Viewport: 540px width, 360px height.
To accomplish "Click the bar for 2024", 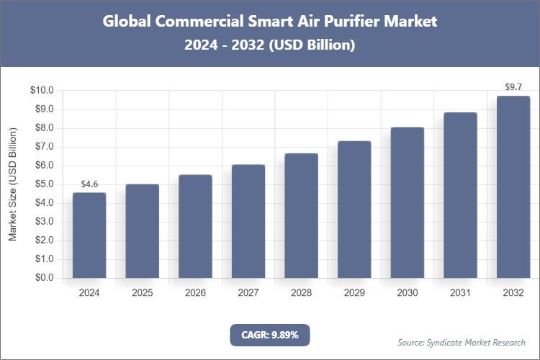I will pyautogui.click(x=89, y=235).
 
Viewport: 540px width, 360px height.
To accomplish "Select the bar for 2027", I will pyautogui.click(x=248, y=221).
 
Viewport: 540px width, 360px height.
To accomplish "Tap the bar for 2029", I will pyautogui.click(x=354, y=210).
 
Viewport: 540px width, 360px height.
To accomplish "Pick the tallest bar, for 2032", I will pyautogui.click(x=513, y=187).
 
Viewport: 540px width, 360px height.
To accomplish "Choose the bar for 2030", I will pyautogui.click(x=408, y=202).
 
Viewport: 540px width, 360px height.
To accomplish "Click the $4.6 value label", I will pyautogui.click(x=89, y=184).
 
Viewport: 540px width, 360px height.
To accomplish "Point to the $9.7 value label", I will pyautogui.click(x=513, y=88).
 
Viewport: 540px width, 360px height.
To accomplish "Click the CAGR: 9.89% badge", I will pyautogui.click(x=270, y=335).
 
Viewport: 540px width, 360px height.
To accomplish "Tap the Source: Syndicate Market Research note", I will pyautogui.click(x=462, y=342).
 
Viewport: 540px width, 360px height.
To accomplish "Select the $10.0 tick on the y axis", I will pyautogui.click(x=42, y=91).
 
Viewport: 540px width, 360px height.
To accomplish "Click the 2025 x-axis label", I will pyautogui.click(x=143, y=293).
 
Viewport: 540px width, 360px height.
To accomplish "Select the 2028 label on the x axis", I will pyautogui.click(x=302, y=293).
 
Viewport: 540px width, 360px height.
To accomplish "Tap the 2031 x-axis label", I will pyautogui.click(x=460, y=293).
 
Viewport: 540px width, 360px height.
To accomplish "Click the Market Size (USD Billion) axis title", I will pyautogui.click(x=12, y=184).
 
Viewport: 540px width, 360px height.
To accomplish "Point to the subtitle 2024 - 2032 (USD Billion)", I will pyautogui.click(x=270, y=45).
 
